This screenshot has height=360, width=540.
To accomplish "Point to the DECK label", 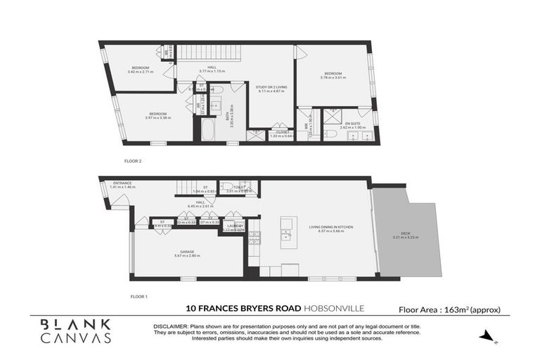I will (406, 235).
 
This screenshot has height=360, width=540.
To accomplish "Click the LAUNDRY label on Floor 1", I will (233, 226).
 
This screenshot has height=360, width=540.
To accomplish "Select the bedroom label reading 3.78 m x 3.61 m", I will (333, 75).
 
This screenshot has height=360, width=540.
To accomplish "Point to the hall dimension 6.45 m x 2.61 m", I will (200, 206).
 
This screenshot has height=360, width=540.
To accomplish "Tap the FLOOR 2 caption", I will (133, 161).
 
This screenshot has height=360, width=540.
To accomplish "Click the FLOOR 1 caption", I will (139, 296).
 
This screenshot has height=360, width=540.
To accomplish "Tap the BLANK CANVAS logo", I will (75, 330).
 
